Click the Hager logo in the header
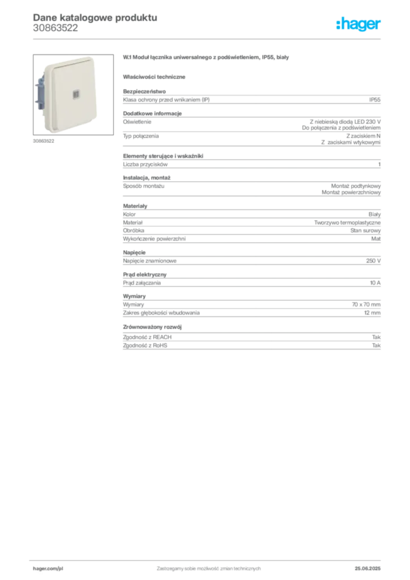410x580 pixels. [x=358, y=24]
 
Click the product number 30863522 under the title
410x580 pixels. [x=55, y=28]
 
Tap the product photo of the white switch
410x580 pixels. [x=73, y=95]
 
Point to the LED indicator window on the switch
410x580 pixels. [x=75, y=95]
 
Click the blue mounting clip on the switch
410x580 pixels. [x=40, y=92]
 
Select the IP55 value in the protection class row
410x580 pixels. [x=374, y=100]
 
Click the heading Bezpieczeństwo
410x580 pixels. [x=144, y=91]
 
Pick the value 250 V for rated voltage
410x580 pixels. [x=373, y=261]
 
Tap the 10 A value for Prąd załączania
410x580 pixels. [x=375, y=283]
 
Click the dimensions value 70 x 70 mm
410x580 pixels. [x=366, y=305]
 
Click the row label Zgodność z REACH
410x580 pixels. [x=147, y=338]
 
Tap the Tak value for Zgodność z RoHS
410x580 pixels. [x=376, y=346]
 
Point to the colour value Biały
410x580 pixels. [x=374, y=215]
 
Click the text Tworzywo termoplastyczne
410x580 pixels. [x=347, y=223]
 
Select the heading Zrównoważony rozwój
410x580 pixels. [x=152, y=327]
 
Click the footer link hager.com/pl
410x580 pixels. [x=48, y=569]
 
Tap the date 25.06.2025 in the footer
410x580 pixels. [x=368, y=569]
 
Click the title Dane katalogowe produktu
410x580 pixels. [x=95, y=18]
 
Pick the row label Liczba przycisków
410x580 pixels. [x=146, y=165]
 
